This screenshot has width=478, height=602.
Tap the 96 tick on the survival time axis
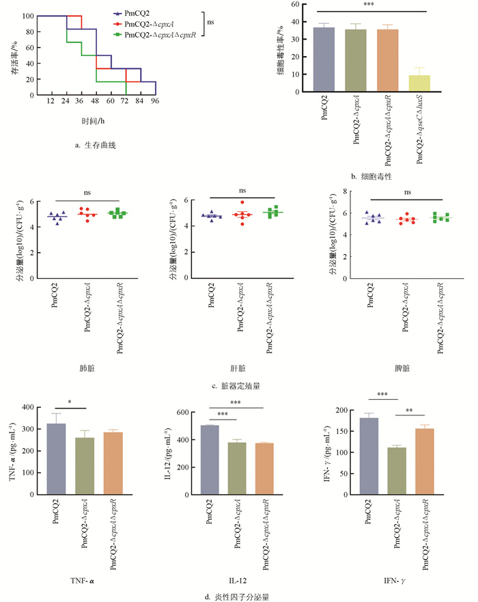156,102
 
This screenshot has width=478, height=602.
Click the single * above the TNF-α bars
70,401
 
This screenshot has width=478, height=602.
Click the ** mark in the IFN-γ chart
409,411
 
